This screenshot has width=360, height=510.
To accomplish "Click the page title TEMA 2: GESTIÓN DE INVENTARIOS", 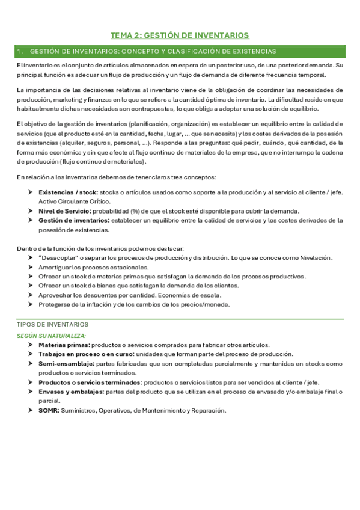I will point(180,35).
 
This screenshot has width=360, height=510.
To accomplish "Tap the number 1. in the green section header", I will point(20,52).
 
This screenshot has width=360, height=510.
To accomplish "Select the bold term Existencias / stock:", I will point(63,192).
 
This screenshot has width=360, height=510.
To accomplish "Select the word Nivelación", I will point(310,257).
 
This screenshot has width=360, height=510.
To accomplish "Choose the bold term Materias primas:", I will point(64,345).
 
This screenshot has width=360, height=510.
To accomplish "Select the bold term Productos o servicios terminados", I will point(90,382).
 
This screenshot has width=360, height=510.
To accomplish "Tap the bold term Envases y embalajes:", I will point(71,392).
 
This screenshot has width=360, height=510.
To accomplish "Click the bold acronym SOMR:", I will point(49,410).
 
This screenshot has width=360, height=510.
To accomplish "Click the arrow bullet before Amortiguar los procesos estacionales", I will point(31,267).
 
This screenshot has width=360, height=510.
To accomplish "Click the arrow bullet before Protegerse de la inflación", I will point(31,304).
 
